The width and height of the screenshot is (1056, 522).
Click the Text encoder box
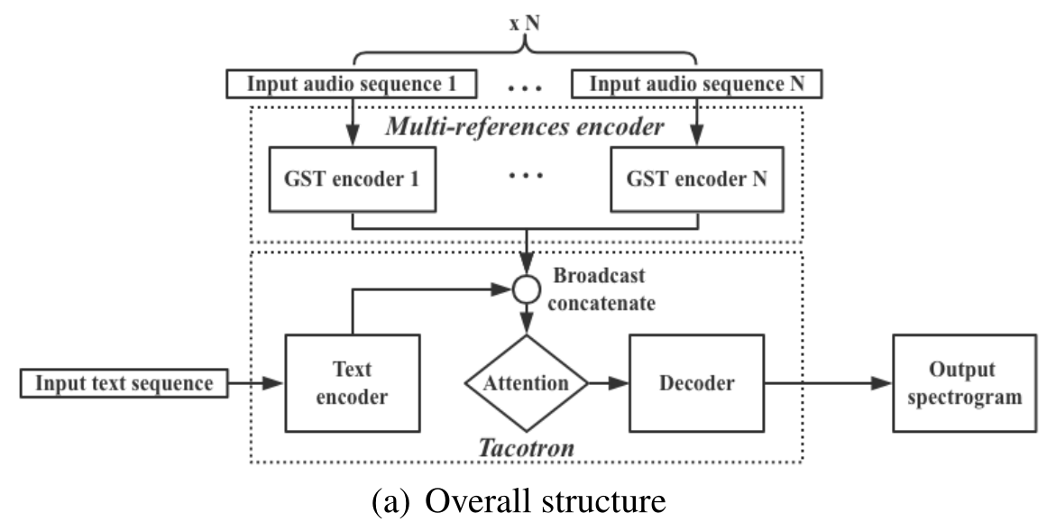(353, 383)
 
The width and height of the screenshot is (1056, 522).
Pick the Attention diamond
(526, 382)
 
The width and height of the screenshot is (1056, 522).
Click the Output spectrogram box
(965, 383)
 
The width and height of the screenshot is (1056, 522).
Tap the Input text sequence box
(124, 383)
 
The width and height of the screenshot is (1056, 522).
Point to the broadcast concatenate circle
(526, 290)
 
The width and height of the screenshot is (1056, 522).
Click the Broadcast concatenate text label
(601, 288)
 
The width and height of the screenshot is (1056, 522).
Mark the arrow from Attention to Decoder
(609, 383)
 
